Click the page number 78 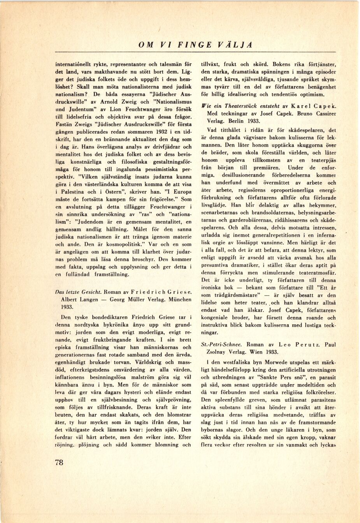[x=59, y=462]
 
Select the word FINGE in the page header [x=197, y=45]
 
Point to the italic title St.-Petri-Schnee [x=221, y=345]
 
